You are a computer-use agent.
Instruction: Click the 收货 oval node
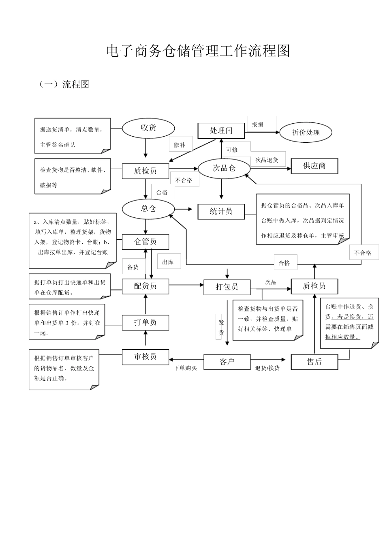[148, 128]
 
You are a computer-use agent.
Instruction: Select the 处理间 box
[221, 131]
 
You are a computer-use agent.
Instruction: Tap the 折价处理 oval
[306, 133]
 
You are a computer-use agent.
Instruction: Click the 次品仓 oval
[224, 168]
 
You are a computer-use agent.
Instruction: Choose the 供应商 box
[314, 166]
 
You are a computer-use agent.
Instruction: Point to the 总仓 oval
[148, 208]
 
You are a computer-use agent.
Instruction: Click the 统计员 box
[221, 211]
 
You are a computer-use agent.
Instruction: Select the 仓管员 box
[145, 242]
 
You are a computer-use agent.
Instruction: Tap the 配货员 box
[145, 286]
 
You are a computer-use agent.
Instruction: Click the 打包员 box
[227, 287]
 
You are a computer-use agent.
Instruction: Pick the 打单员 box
[145, 322]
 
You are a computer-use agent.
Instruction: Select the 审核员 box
[145, 357]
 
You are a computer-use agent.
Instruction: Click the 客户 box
[227, 362]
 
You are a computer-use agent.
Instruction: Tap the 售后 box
[314, 362]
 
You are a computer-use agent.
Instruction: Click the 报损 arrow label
[257, 125]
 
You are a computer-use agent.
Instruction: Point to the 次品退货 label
[267, 160]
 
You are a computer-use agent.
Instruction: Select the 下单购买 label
[185, 368]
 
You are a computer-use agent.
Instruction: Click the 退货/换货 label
[267, 368]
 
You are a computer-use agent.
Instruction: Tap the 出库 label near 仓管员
[168, 262]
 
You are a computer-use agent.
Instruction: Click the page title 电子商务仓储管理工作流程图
[198, 51]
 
